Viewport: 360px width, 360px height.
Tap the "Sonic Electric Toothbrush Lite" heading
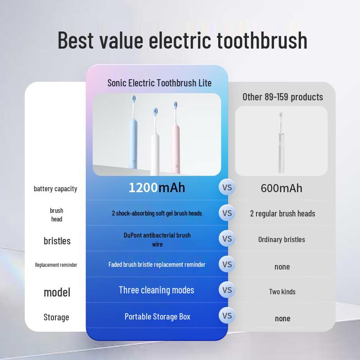[159, 83]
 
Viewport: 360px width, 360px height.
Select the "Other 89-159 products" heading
[283, 97]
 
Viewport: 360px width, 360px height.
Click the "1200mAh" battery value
[157, 187]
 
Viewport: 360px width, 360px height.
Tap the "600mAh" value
[282, 188]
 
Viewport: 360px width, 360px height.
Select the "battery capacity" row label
[55, 189]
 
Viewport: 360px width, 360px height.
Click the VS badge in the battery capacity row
[227, 187]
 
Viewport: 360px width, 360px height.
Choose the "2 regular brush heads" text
[283, 213]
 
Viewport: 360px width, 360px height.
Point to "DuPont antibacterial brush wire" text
[157, 239]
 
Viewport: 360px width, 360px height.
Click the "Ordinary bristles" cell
[282, 239]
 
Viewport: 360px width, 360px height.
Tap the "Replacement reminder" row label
[56, 265]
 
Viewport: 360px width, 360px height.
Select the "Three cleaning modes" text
[157, 290]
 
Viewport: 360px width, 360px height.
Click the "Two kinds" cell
[282, 292]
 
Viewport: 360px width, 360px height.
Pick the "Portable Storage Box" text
[157, 316]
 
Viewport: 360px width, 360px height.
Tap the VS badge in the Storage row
[227, 315]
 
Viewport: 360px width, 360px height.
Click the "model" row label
[57, 292]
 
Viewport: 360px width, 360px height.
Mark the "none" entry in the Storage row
[283, 318]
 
